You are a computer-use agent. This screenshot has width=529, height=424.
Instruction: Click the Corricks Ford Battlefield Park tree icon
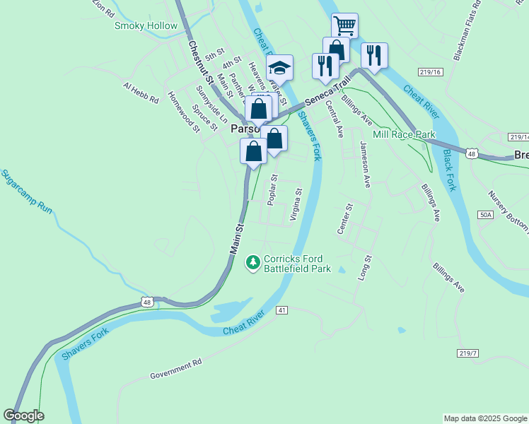click(x=252, y=263)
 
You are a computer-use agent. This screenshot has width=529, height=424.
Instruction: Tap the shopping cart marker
click(x=344, y=25)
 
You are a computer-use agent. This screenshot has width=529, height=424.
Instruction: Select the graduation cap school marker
click(x=280, y=68)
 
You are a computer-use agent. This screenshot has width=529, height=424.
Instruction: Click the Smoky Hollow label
click(x=146, y=26)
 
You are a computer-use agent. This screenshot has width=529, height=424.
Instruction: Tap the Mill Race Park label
click(x=404, y=134)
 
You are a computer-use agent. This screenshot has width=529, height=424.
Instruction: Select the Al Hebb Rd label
click(x=141, y=94)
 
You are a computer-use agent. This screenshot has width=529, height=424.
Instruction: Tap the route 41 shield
click(x=282, y=310)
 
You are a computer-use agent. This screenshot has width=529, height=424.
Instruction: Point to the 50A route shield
click(x=485, y=214)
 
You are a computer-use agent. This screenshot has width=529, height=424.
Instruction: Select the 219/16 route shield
click(x=429, y=72)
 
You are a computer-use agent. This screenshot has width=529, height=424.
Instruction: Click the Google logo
click(x=23, y=416)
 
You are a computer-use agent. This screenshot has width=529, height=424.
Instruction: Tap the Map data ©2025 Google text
click(x=484, y=418)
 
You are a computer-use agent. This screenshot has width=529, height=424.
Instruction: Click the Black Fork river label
click(x=450, y=170)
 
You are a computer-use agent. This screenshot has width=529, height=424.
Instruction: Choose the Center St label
click(x=345, y=220)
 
